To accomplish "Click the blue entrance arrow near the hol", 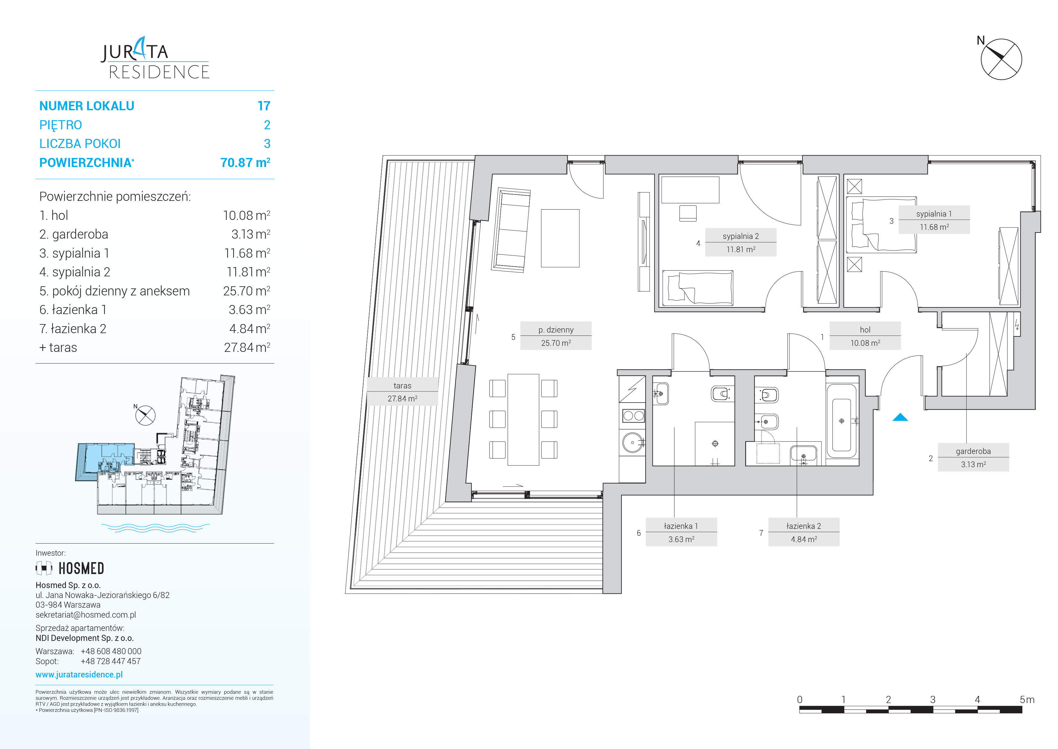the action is point(900,417).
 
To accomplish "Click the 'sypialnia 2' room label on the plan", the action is point(741,242).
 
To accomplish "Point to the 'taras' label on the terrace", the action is point(402,392).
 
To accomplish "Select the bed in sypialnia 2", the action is point(697,288).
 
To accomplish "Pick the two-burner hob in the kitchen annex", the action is point(633,416).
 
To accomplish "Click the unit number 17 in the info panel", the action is point(264,106).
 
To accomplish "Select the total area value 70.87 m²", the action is point(245,162).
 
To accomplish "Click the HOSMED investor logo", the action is point(70,568).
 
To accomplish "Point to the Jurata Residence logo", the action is point(155,58).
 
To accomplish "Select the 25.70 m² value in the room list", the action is point(246,291).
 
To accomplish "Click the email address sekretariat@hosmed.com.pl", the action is point(86,615).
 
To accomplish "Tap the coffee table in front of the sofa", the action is point(560,238).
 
